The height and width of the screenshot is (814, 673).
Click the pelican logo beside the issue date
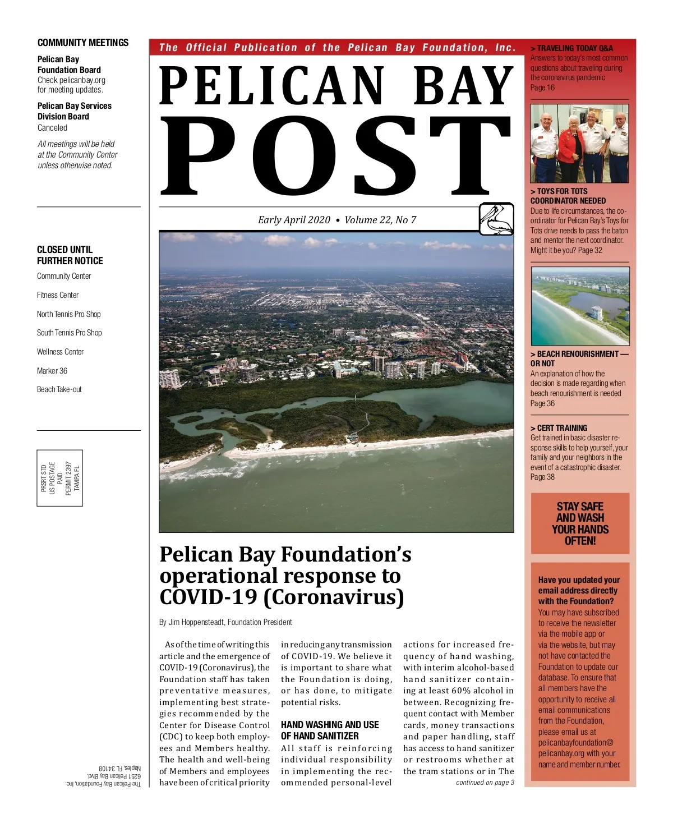tap(496, 219)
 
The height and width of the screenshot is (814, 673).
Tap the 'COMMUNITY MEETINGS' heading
tap(82, 43)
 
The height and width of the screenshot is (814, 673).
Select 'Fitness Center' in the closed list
tap(58, 295)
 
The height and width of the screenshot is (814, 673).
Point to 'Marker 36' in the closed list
tap(52, 371)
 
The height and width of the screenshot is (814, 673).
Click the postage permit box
tap(60, 478)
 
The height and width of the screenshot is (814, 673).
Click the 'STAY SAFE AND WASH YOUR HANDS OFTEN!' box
tap(580, 523)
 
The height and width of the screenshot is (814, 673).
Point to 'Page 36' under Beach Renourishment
tap(542, 403)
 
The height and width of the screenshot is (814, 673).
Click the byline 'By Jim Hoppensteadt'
tap(225, 622)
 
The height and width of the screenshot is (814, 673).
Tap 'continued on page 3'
tap(485, 783)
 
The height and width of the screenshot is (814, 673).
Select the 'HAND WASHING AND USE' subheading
tap(330, 725)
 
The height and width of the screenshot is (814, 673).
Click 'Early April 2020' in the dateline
tap(294, 220)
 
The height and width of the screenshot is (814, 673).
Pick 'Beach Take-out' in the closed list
tap(59, 389)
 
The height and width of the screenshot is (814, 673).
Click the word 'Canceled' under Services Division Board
tap(52, 128)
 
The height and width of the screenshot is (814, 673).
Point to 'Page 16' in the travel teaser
tap(542, 88)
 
